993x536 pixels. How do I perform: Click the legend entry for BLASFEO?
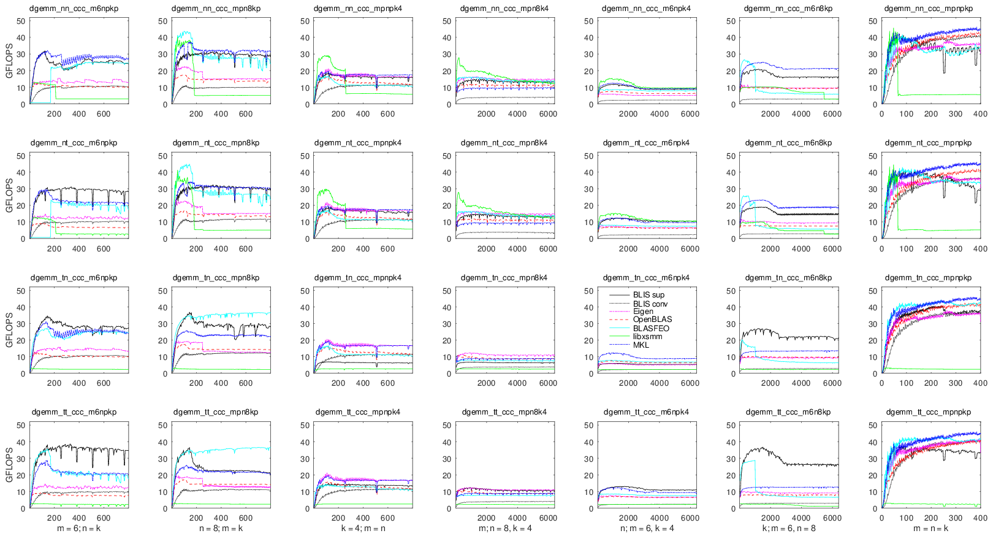(651, 329)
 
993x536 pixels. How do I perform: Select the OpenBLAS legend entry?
(652, 320)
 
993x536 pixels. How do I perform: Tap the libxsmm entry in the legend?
(647, 337)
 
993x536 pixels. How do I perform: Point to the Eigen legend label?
(643, 312)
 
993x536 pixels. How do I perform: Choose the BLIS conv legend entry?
(650, 304)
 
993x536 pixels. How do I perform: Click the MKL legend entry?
(641, 345)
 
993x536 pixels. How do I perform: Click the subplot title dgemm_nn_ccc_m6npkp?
(75, 9)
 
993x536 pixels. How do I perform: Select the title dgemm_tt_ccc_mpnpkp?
(929, 412)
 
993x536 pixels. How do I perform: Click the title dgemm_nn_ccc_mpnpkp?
(929, 9)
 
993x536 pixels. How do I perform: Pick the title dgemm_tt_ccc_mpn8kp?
(216, 412)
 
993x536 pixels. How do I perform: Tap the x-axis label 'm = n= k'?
(930, 528)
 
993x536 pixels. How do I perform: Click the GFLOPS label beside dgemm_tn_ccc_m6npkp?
(9, 332)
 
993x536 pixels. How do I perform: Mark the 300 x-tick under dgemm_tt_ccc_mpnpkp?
(956, 518)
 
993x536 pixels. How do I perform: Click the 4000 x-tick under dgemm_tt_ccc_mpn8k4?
(517, 518)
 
